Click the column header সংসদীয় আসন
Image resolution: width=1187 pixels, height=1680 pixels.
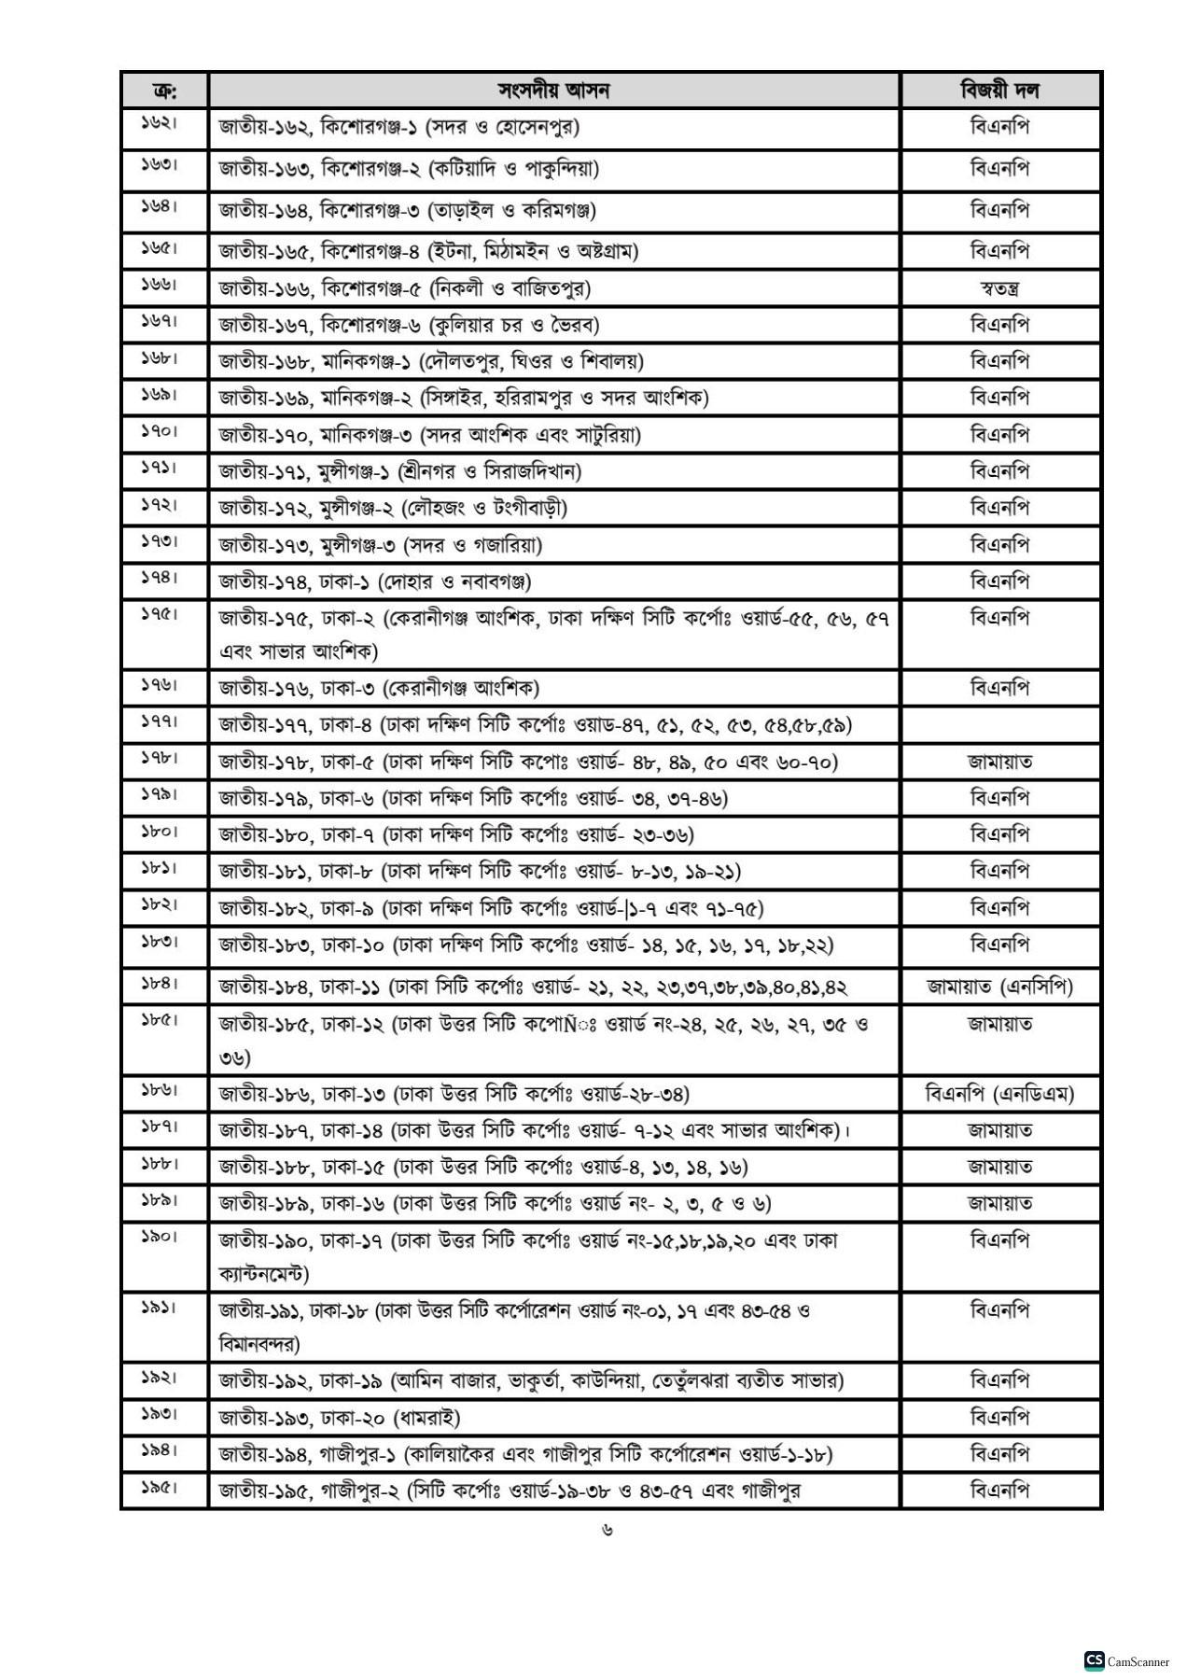tap(553, 91)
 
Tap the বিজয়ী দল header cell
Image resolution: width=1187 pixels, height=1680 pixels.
tap(999, 91)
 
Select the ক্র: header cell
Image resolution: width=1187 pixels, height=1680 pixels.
tap(164, 91)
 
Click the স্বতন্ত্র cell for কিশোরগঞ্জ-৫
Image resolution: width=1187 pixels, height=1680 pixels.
tap(999, 288)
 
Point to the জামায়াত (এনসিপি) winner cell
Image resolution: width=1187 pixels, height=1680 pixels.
tap(999, 987)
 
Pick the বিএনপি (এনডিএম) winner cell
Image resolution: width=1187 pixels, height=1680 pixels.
tap(999, 1094)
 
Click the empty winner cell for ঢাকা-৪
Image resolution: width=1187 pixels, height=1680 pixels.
tap(999, 725)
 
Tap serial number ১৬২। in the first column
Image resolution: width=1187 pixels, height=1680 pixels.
tap(160, 123)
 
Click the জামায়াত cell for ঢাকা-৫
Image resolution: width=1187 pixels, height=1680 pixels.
tap(999, 763)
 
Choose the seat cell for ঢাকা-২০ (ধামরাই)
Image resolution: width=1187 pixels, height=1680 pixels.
tap(340, 1419)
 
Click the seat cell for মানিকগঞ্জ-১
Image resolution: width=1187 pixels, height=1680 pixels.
tap(431, 361)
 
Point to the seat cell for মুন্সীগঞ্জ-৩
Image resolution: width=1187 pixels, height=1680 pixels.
tap(381, 545)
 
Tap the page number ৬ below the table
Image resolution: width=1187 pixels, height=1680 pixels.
tap(607, 1531)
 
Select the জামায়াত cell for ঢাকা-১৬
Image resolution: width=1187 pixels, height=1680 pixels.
tap(999, 1204)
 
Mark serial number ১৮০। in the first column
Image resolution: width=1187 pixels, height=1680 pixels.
tap(160, 832)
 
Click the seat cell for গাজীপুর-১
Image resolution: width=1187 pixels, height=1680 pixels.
tap(525, 1455)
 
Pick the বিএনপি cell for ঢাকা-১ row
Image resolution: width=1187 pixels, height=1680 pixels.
tap(999, 582)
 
